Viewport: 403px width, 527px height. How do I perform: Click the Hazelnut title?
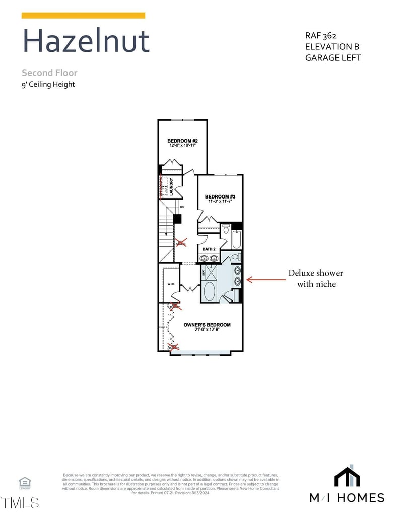pos(86,41)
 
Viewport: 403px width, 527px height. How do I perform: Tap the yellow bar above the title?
pos(83,16)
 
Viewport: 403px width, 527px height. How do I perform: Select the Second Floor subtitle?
pos(49,73)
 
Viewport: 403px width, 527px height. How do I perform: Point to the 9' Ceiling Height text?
pos(48,84)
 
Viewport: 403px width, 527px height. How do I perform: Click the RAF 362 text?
pos(321,36)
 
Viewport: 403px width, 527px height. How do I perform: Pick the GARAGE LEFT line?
pos(333,57)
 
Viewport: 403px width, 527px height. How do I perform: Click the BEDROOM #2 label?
pos(182,141)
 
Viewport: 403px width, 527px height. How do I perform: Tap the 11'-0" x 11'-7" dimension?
pos(220,202)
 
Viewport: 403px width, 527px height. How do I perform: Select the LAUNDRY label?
pos(172,186)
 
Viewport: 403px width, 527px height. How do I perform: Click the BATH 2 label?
pos(209,249)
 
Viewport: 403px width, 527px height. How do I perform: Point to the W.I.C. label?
pos(170,284)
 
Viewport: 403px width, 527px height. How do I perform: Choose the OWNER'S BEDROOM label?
pos(207,325)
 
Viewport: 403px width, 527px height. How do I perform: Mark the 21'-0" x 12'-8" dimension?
pos(207,330)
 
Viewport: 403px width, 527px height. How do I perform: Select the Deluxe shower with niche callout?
pos(315,278)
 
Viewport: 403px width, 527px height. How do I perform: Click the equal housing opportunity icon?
pos(25,483)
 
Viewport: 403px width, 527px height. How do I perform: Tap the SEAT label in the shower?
pos(204,273)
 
